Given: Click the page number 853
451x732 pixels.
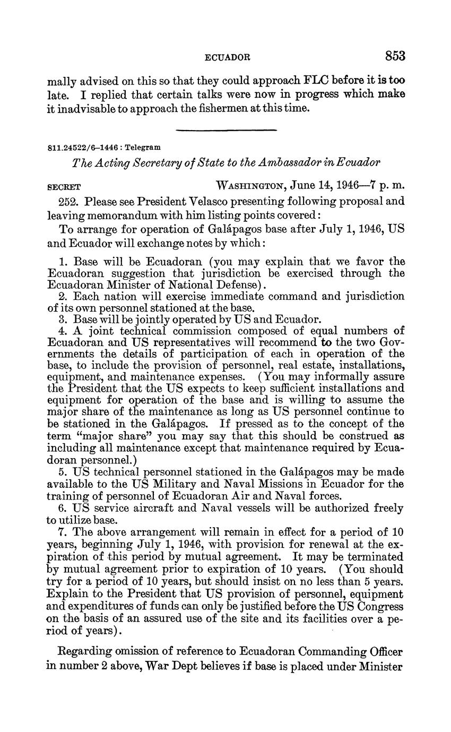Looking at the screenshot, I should pyautogui.click(x=395, y=56).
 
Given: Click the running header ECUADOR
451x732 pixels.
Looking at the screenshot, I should pyautogui.click(x=228, y=57).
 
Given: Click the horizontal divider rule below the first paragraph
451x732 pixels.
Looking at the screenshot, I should pyautogui.click(x=226, y=130).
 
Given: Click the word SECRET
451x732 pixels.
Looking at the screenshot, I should pyautogui.click(x=64, y=187).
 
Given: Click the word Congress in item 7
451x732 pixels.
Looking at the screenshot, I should pyautogui.click(x=377, y=606).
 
